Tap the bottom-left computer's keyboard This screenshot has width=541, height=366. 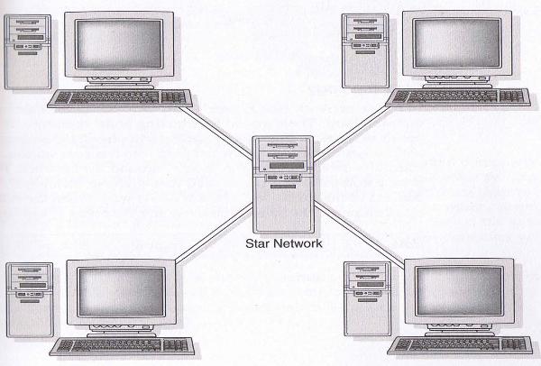point(123,347)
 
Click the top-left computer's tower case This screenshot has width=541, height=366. point(28,50)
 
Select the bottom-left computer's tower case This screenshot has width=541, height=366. point(28,303)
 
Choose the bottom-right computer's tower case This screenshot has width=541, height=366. point(364,302)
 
